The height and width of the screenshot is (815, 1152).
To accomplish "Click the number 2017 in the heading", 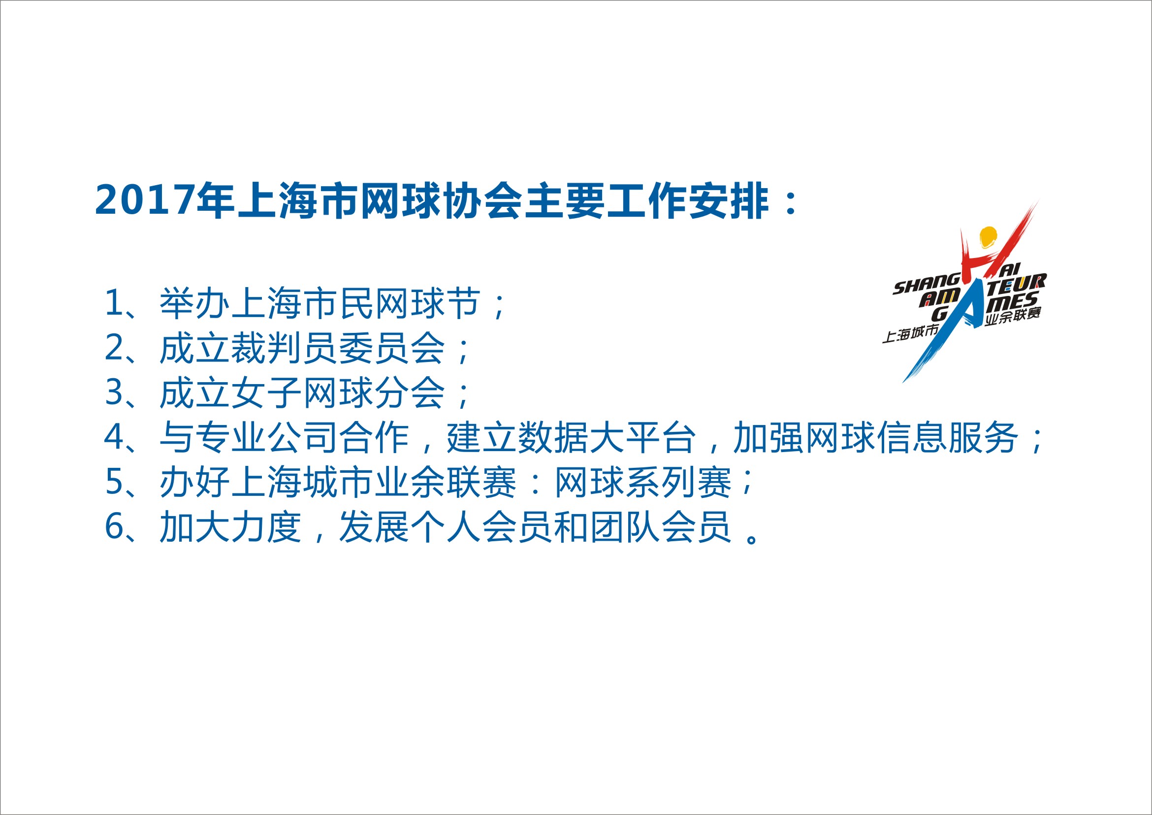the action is point(145,200).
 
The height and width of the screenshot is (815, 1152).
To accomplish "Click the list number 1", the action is point(114,303).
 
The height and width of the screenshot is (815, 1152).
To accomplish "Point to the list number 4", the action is point(114,437).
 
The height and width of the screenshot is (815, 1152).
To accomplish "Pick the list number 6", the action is point(114,526).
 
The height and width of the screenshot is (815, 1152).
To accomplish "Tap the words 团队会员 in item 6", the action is point(660,526).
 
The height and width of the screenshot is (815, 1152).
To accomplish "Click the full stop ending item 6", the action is point(752,538).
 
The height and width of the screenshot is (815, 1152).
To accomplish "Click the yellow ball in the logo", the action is point(988,237).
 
